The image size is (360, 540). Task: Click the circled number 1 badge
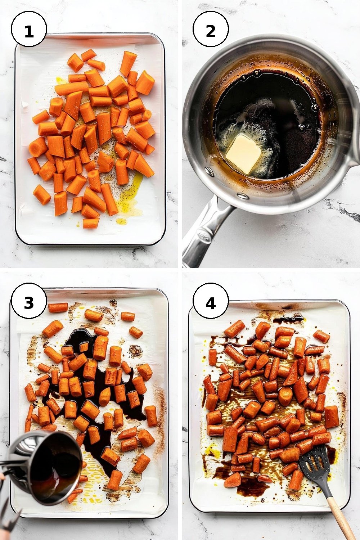(x=29, y=30)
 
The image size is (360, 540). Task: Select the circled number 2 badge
(x=211, y=30)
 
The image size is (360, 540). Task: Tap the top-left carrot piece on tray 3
(x=58, y=307)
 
